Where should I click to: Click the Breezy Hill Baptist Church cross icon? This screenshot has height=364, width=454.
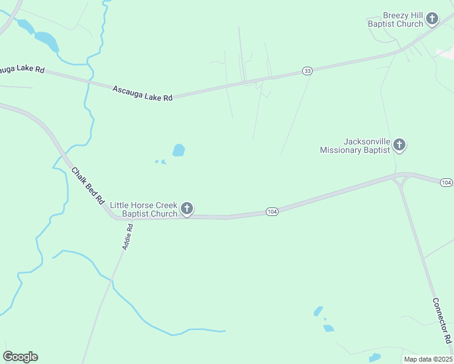coord(432,19)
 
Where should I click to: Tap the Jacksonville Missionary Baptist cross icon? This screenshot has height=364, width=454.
coord(399,144)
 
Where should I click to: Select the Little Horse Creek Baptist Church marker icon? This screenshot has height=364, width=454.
coord(187,209)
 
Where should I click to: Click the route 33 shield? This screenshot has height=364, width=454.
coord(308,72)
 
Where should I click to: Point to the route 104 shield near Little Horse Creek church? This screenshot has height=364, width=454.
coord(272,211)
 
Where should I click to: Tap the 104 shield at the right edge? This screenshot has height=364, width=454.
coord(446,183)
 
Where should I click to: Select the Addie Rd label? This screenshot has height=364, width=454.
coord(127,236)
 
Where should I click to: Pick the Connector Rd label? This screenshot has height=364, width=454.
coord(442,320)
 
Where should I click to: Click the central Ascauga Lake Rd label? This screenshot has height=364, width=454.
coord(143,93)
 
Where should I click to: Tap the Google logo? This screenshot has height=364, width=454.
coord(20,357)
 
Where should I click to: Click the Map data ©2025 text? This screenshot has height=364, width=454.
coord(428,359)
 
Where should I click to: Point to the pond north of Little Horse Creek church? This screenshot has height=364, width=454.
coord(178,150)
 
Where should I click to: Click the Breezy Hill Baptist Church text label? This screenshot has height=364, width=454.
coord(395,19)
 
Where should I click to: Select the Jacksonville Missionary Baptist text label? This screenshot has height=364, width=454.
coord(355,146)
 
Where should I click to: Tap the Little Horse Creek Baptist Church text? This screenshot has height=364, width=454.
coord(144,209)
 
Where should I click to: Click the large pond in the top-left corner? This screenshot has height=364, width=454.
coord(47,41)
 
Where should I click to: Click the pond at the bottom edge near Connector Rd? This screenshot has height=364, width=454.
coord(374,358)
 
